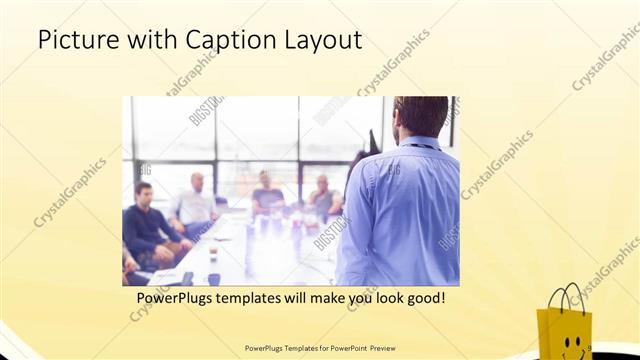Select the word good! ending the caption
[424, 298]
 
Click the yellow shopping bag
[564, 325]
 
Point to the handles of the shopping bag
[566, 297]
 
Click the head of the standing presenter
[420, 116]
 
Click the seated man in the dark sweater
[148, 225]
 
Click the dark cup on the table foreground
[187, 277]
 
